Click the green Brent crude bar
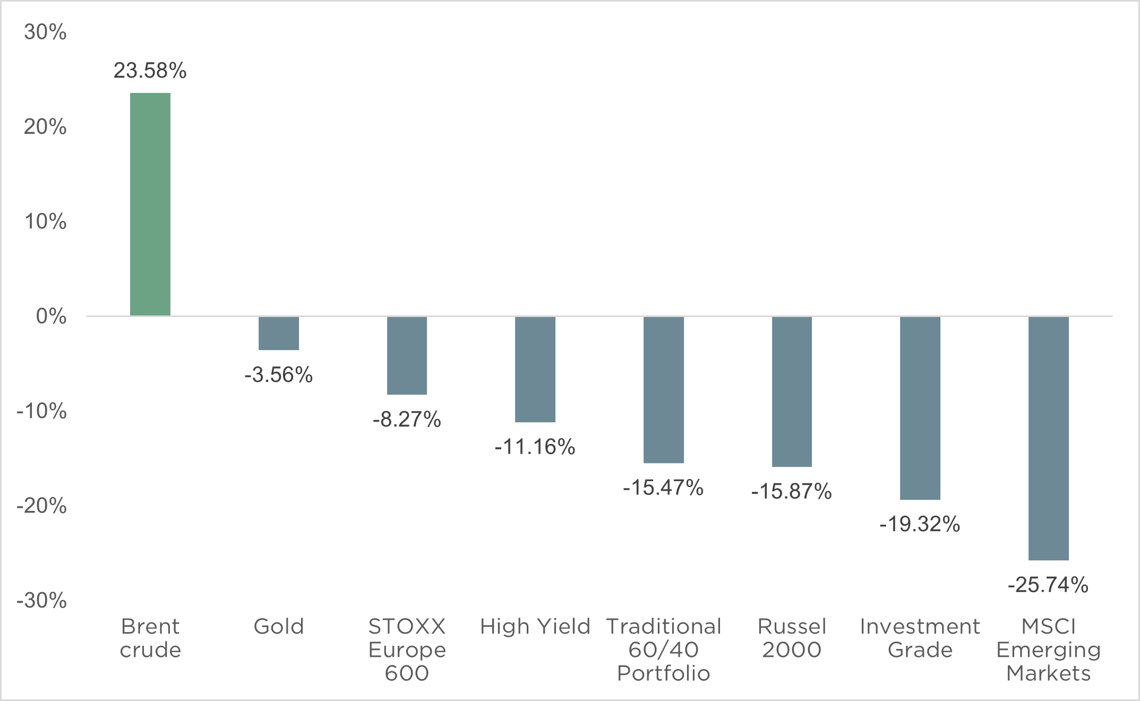(x=150, y=204)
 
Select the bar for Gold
(x=279, y=333)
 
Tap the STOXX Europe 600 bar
(x=407, y=355)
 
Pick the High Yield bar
(x=535, y=369)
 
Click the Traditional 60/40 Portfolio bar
(x=664, y=390)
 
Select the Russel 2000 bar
(x=792, y=391)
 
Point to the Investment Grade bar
(x=920, y=408)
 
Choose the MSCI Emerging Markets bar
(x=1049, y=438)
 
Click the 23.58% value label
(x=150, y=71)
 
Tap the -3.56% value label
(x=279, y=375)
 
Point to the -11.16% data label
(x=535, y=447)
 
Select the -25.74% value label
(x=1049, y=585)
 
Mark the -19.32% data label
(x=920, y=525)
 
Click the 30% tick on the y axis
(x=45, y=32)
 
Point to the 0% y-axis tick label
(x=51, y=317)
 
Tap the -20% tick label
(x=41, y=506)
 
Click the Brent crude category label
(x=150, y=638)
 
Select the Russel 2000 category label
(x=792, y=638)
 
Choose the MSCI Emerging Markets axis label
(x=1049, y=650)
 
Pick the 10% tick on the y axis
(x=45, y=221)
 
